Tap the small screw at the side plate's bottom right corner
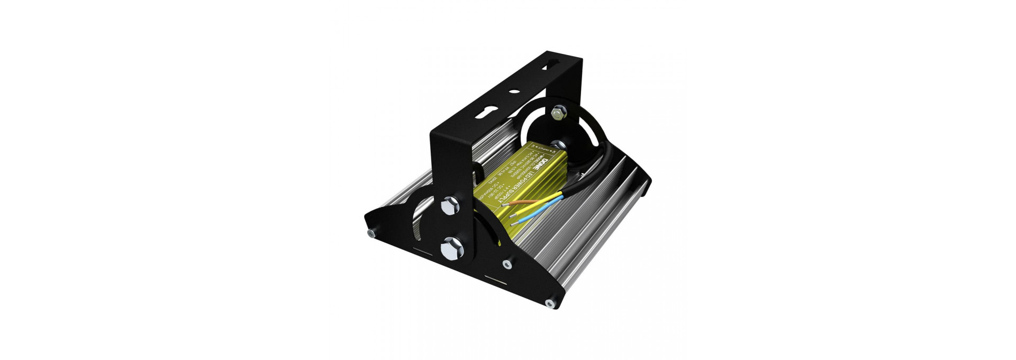pos(549,303)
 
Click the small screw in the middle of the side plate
pos(507,264)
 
